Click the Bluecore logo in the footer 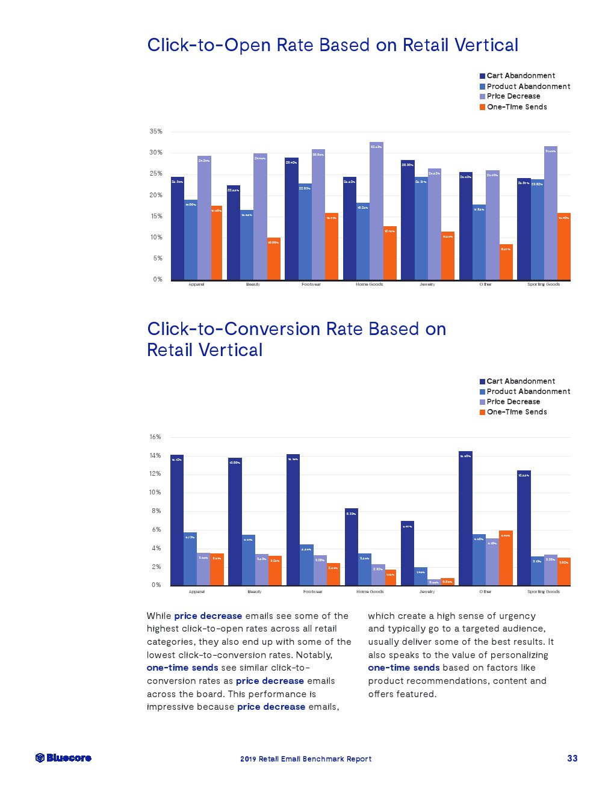pos(63,758)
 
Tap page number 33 pos(572,758)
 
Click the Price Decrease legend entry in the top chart pos(513,96)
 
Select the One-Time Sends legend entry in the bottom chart pos(516,412)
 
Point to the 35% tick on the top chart pos(156,131)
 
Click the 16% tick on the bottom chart pos(155,437)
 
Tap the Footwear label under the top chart pos(311,285)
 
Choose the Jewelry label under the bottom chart pos(427,592)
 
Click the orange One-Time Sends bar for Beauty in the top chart pos(274,259)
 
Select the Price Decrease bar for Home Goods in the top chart pos(376,211)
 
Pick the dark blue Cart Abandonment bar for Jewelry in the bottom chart pos(408,553)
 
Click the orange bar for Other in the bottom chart pos(506,558)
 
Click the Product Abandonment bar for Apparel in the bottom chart pos(190,559)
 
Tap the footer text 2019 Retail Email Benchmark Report pos(306,759)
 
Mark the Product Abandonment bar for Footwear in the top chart pos(305,232)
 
